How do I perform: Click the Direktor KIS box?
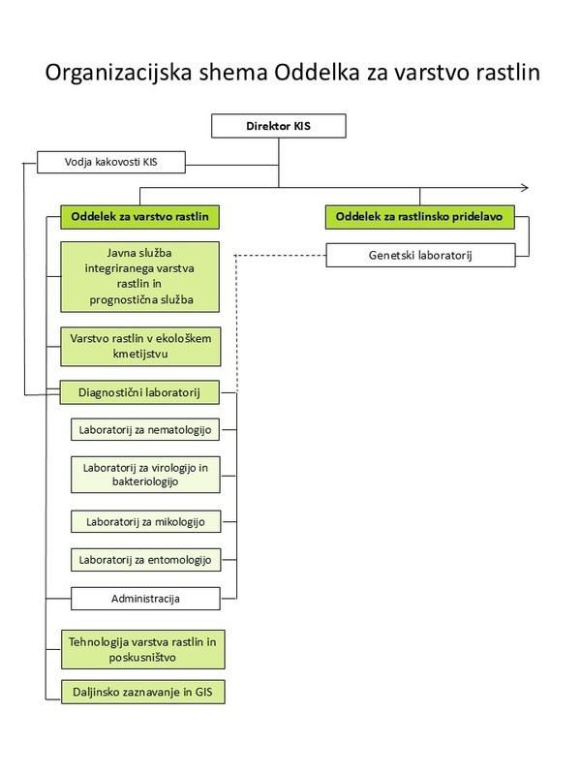pos(279,126)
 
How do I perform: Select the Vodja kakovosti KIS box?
pos(111,162)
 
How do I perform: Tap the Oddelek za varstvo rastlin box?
pos(139,217)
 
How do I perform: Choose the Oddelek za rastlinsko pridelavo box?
pos(420,217)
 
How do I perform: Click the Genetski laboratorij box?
pos(420,255)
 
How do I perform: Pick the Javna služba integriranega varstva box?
pos(139,277)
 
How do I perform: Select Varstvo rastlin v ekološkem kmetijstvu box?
pos(140,347)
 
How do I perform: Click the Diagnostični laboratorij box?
pos(139,393)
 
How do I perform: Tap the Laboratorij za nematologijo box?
pos(145,430)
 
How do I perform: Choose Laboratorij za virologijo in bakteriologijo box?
pos(145,475)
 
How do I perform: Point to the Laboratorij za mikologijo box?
pos(146,522)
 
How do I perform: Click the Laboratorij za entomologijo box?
pos(146,560)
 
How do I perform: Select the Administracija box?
pos(146,599)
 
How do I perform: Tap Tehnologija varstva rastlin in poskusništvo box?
pos(142,649)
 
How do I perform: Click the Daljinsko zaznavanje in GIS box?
pos(142,692)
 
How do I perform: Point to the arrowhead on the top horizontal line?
pos(525,187)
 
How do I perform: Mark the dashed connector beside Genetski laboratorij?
pos(281,256)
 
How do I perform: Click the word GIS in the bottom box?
pos(203,692)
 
